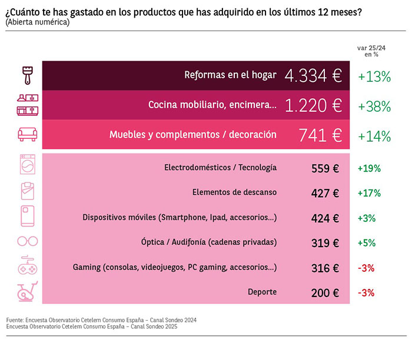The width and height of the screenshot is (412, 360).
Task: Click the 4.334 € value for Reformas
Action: [x=313, y=75]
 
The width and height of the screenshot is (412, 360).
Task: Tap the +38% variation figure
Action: [x=374, y=106]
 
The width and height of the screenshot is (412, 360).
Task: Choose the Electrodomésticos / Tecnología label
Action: [x=220, y=168]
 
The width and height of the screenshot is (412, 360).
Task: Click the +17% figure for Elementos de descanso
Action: [x=370, y=193]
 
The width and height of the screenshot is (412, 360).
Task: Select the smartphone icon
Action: [x=28, y=217]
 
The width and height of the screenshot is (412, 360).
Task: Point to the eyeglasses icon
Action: [x=28, y=242]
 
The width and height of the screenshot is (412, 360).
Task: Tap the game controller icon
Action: [x=28, y=266]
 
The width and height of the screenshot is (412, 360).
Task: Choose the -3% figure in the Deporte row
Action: [x=367, y=292]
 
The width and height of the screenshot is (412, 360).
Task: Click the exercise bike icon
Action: [x=28, y=292]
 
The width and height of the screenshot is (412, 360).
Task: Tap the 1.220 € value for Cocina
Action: [x=313, y=105]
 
